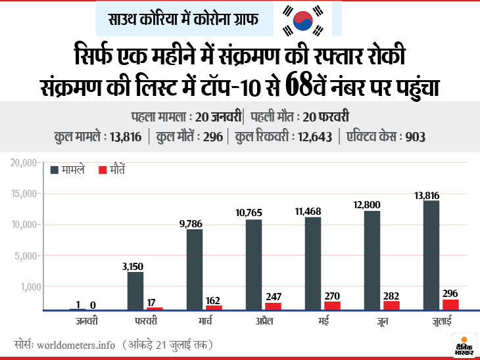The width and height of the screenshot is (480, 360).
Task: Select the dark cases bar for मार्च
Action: tap(195, 269)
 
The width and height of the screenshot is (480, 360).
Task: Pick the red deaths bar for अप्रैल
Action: tap(273, 305)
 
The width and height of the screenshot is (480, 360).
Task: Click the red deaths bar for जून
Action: tap(391, 305)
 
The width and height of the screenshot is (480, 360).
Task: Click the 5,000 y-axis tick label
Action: tap(28, 256)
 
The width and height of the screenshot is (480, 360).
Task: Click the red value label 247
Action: tap(274, 296)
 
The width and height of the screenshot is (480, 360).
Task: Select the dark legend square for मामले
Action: tap(56, 170)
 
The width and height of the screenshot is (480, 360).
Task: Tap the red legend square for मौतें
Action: tap(102, 170)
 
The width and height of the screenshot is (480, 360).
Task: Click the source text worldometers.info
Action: tap(76, 344)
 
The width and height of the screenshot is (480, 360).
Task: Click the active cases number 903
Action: tap(416, 137)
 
